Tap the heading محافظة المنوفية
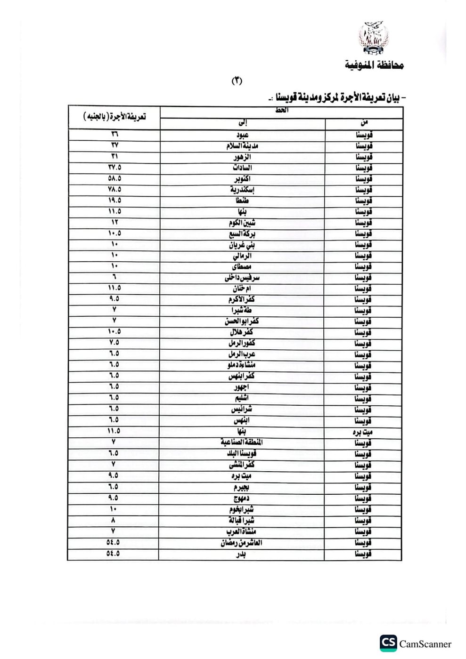375,65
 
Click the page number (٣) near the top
237,81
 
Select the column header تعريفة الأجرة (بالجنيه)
114,116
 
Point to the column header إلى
242,123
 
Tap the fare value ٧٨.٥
114,189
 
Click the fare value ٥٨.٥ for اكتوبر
114,178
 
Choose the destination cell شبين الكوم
242,223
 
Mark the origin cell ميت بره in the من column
363,431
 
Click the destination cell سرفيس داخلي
242,278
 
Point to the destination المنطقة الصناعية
242,442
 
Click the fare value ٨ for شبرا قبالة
114,520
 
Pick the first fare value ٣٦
114,134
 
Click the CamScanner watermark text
425,644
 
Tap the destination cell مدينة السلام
242,146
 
